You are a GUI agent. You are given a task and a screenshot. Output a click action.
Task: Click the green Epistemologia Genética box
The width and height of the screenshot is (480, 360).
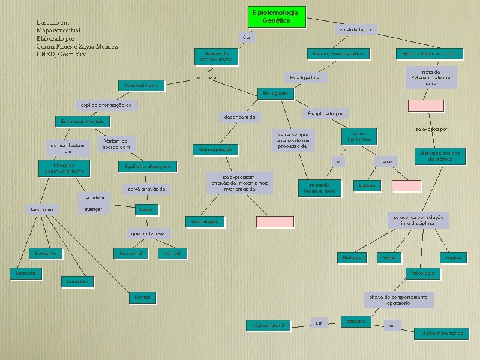[275, 17]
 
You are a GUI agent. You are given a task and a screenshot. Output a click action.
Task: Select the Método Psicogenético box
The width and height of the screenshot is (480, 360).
[338, 54]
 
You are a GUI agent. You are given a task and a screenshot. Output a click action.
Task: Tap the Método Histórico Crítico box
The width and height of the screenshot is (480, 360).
[430, 54]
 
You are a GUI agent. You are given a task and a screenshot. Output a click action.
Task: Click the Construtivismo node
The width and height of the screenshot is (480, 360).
[141, 86]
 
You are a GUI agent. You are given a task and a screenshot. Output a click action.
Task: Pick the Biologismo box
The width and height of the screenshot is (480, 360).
[275, 93]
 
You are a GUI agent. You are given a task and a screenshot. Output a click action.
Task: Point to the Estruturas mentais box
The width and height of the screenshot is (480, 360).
[82, 121]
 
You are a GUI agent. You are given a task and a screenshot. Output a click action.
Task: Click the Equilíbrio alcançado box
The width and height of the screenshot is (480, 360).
[147, 166]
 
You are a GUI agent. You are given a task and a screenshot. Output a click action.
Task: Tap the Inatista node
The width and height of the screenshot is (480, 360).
[367, 185]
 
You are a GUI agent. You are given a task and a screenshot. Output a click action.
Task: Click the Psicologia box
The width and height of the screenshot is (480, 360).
[422, 273]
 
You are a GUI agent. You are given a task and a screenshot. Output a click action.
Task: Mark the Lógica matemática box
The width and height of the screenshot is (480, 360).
[442, 333]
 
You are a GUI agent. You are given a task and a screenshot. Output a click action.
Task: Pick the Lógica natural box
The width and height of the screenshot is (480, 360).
[268, 325]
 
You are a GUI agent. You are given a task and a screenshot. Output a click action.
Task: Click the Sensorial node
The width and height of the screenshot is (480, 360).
[26, 273]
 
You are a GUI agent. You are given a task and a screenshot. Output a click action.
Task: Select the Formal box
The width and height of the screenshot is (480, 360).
[143, 297]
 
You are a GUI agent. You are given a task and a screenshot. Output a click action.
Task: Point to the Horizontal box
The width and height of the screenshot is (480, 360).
[131, 253]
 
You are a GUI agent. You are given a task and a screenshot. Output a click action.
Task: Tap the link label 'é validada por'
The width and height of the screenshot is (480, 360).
[356, 29]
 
